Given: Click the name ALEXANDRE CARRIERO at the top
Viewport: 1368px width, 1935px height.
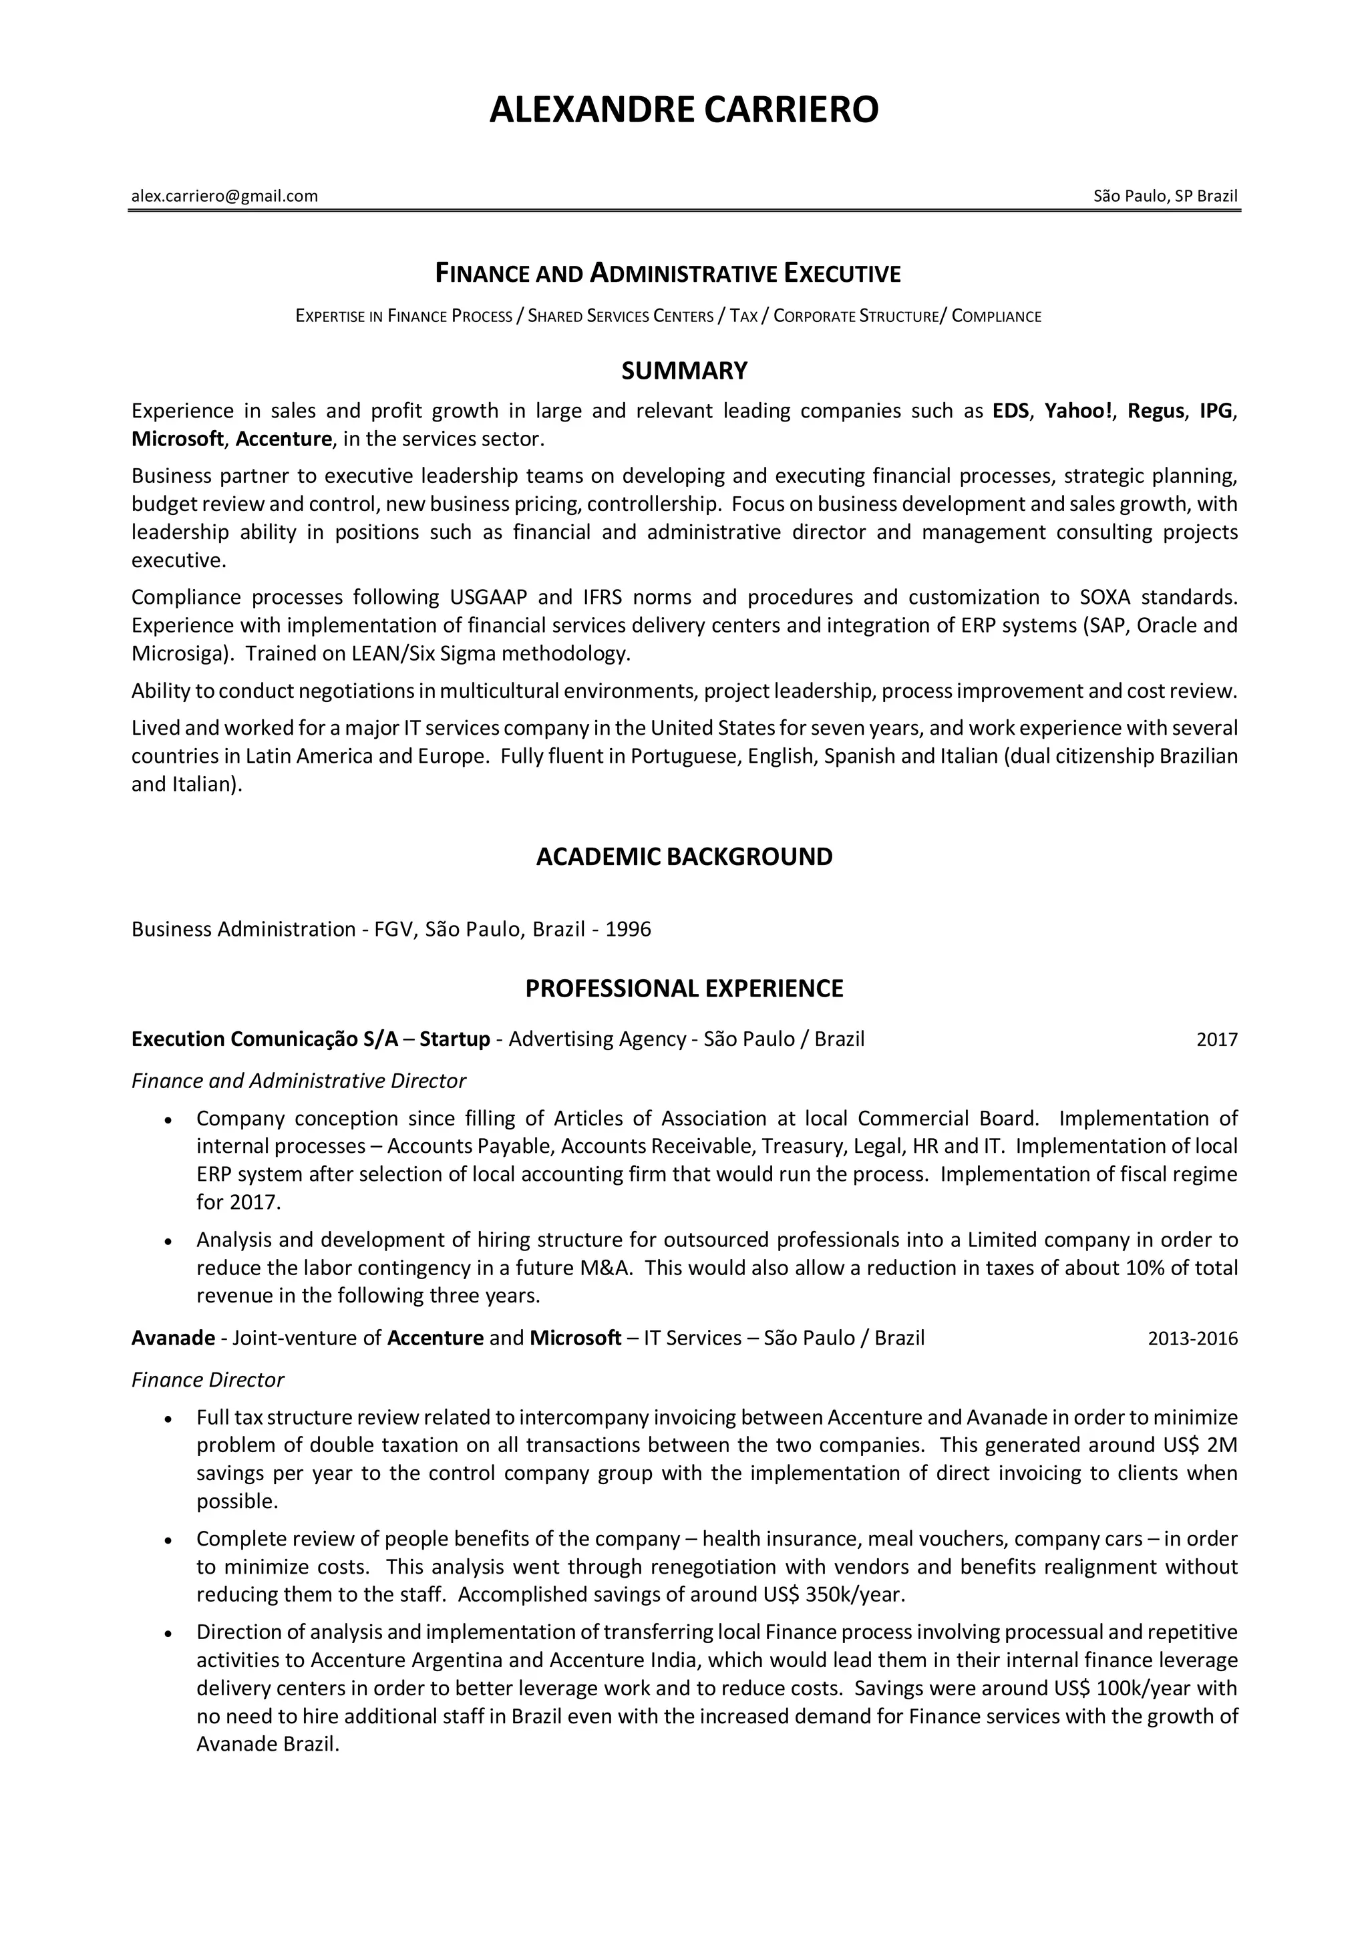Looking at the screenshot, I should [x=683, y=110].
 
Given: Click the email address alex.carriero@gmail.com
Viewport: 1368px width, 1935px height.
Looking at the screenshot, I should [x=224, y=196].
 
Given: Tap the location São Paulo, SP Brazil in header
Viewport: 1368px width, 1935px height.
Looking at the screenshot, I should [x=1165, y=196].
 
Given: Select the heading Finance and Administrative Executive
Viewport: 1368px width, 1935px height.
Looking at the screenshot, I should [x=667, y=273].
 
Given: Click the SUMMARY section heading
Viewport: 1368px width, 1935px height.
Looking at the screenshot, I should [x=683, y=371].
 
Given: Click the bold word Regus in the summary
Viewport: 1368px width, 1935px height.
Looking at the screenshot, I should [x=1156, y=411].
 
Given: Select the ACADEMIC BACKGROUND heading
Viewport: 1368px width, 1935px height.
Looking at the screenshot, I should [x=683, y=856].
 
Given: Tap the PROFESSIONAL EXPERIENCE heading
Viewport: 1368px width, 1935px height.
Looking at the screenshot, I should [x=683, y=989].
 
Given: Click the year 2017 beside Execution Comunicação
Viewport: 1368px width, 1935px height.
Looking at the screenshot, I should [x=1216, y=1040].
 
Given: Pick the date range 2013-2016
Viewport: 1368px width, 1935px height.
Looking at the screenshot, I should [x=1192, y=1339].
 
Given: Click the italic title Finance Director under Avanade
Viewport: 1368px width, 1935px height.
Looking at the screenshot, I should [x=207, y=1381].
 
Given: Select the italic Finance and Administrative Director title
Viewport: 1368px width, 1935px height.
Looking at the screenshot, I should [x=299, y=1081].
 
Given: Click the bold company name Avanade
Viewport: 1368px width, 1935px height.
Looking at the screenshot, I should [x=173, y=1339].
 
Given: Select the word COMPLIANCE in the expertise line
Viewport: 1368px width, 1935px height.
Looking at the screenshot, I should [x=997, y=317].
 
